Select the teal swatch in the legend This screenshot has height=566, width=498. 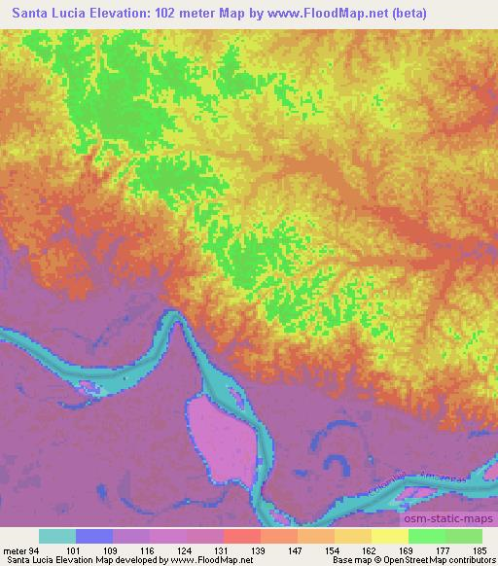tap(57, 537)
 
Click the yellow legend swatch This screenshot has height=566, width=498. tap(390, 537)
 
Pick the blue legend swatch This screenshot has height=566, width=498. tap(94, 537)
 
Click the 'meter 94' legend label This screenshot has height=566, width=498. tap(21, 549)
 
